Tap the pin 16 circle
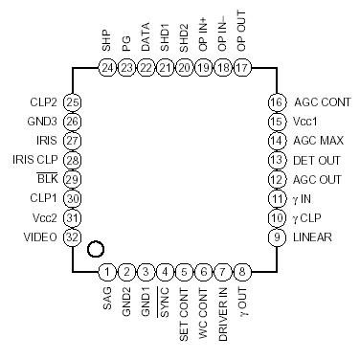277,102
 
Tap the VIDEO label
40,236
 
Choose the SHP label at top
106,41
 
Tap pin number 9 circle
277,236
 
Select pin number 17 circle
241,68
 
